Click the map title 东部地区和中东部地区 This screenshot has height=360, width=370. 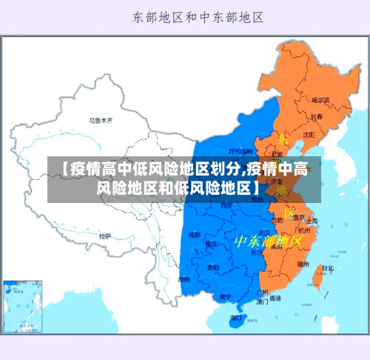click(x=199, y=16)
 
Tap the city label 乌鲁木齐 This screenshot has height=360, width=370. click(x=101, y=119)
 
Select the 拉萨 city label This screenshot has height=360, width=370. click(x=105, y=236)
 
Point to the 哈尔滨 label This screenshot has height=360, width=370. click(x=321, y=99)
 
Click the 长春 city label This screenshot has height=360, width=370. click(x=316, y=116)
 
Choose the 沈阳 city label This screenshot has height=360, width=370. click(x=309, y=135)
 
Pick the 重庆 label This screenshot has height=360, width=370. click(x=212, y=243)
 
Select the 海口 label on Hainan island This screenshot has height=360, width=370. click(x=236, y=317)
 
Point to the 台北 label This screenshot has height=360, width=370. click(x=329, y=268)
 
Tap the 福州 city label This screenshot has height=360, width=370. click(x=303, y=263)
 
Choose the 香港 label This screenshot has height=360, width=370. click(x=275, y=299)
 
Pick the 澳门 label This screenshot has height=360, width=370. click(x=262, y=301)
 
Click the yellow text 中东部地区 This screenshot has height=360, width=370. click(x=267, y=241)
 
